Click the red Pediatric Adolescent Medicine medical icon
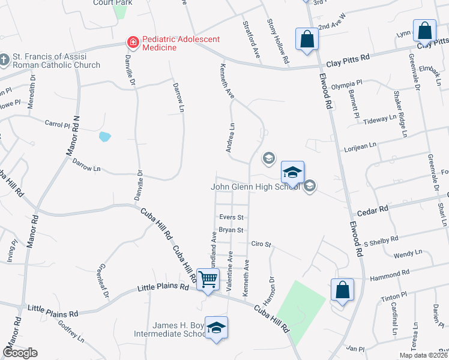pos(131,42)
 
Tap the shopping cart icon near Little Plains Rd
pos(208,279)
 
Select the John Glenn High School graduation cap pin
pos(292,173)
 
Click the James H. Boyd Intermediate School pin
pos(217,328)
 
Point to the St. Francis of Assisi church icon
pos(5,59)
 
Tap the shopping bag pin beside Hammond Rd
pos(342,290)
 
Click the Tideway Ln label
pos(381,119)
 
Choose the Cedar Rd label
pos(373,212)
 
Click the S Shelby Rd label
pos(381,241)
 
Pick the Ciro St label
pos(262,245)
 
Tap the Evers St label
pos(231,217)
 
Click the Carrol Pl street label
pos(58,124)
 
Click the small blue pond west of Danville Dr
pos(105,136)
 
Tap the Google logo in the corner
pos(20,353)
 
